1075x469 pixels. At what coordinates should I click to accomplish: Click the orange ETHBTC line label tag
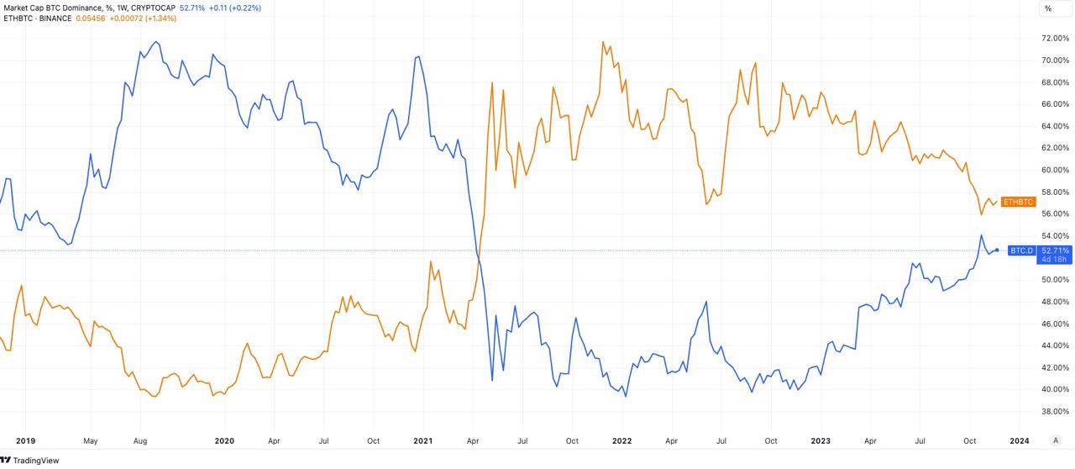click(x=1018, y=202)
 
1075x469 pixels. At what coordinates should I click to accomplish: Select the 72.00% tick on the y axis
click(x=1055, y=39)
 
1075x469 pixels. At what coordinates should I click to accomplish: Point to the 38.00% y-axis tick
click(x=1055, y=411)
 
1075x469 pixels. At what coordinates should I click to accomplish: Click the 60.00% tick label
click(x=1055, y=170)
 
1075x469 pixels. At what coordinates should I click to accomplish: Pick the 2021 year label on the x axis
click(x=423, y=440)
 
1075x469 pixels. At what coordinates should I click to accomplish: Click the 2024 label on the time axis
click(x=1020, y=440)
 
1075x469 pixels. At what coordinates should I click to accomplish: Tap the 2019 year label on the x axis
click(x=25, y=440)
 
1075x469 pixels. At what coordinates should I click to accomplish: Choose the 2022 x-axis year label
click(x=622, y=440)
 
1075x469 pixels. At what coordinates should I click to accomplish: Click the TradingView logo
click(x=30, y=460)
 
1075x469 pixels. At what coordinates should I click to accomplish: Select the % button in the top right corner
click(x=1048, y=8)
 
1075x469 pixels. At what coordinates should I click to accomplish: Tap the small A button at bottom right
click(x=1056, y=440)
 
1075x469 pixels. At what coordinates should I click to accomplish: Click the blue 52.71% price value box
click(x=1055, y=250)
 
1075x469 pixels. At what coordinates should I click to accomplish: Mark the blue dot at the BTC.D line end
click(x=997, y=250)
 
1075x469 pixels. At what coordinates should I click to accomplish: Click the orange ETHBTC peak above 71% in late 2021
click(x=603, y=42)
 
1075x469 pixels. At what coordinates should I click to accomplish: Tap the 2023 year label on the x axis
click(x=821, y=440)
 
